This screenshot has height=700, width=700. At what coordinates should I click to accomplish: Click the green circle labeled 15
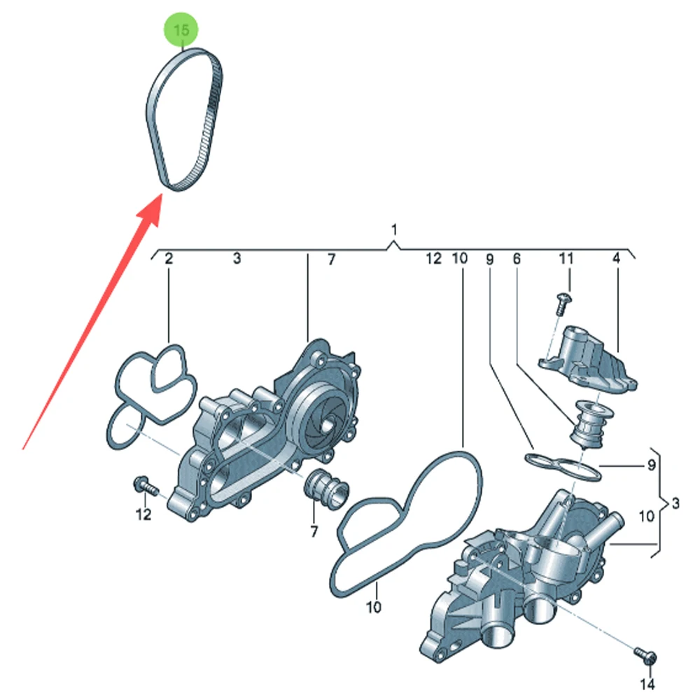point(181,29)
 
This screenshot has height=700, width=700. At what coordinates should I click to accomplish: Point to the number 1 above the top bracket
point(393,230)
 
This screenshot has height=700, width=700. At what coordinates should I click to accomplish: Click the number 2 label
point(168,258)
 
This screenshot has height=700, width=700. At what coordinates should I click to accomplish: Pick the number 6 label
point(517,258)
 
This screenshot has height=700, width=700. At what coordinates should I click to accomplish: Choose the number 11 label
point(566,258)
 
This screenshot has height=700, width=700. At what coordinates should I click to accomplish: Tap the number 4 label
point(616,258)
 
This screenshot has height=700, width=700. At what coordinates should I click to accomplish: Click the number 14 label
point(647,684)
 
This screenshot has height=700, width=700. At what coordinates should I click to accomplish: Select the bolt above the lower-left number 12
point(146,486)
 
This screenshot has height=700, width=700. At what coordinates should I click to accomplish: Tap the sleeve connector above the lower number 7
point(326,489)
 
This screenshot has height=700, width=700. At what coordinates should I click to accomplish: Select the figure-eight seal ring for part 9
point(563,466)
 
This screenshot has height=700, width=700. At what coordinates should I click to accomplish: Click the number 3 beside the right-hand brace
point(675,503)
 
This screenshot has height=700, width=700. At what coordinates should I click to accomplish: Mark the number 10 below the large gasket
point(373,607)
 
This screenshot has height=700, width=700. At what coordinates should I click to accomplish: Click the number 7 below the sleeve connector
point(314,531)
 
